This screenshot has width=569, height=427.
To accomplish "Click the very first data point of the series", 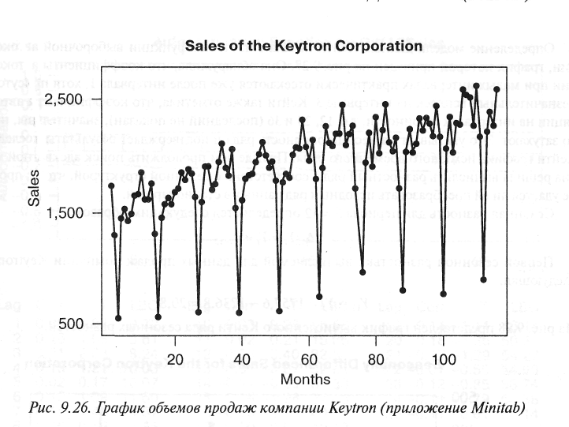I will pyautogui.click(x=111, y=185).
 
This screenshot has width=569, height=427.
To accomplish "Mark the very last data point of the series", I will pyautogui.click(x=496, y=89).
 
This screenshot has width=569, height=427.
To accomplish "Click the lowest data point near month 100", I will pyautogui.click(x=443, y=294).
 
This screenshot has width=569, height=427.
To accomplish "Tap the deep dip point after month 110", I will pyautogui.click(x=483, y=279).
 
